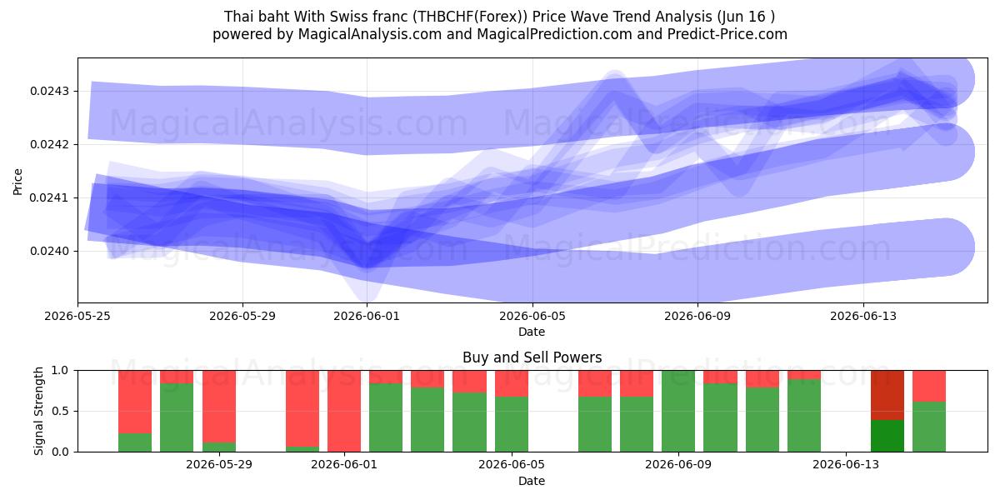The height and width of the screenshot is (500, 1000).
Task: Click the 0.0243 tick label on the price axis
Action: pos(49,92)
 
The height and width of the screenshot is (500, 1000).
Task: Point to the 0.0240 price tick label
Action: pos(49,252)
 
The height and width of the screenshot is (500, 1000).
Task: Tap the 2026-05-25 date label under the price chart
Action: pos(77,316)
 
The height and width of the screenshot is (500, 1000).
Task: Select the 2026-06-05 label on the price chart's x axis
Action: pos(532,316)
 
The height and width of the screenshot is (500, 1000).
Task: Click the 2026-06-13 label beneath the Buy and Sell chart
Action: pos(846,464)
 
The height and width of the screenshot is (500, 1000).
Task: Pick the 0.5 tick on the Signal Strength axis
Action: pos(60,411)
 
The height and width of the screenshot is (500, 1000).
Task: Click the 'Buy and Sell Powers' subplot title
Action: pos(532,357)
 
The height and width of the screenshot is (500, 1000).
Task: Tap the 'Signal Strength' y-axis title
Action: pos(39,411)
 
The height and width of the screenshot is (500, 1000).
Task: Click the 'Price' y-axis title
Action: pos(17,182)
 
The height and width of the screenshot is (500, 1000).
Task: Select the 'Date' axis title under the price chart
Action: pos(532,332)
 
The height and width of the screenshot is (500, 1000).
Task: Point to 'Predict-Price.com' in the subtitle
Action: pos(727,34)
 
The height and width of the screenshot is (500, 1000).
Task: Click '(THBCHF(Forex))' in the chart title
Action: pos(470,17)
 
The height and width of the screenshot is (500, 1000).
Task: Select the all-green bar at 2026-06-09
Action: pos(678,411)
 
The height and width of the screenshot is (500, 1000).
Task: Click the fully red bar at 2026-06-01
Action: pos(343,411)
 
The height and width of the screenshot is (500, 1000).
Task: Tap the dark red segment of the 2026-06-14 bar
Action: pos(887,395)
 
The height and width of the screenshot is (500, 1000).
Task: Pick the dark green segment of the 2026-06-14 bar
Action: pos(887,436)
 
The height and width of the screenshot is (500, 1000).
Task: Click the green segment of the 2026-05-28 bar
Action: pos(177,417)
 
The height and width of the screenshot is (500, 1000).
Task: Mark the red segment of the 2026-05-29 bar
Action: pos(218,407)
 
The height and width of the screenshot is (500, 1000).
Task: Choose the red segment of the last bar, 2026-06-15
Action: pos(929,386)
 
